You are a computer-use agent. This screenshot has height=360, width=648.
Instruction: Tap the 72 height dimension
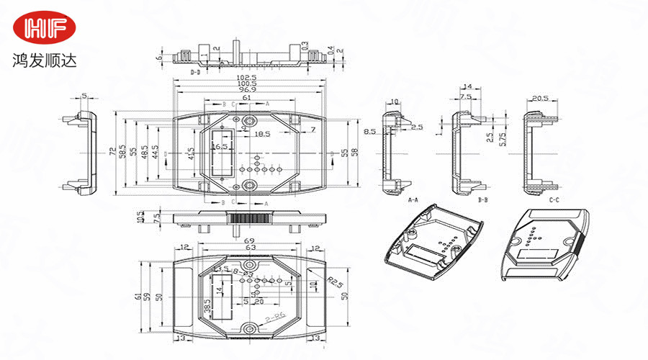(x=112, y=152)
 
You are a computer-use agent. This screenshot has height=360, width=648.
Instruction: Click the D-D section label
(x=195, y=73)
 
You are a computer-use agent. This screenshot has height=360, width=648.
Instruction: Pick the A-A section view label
(x=413, y=199)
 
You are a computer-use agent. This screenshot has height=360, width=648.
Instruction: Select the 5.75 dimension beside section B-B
(x=502, y=138)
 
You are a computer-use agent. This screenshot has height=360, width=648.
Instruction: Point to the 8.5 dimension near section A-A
(x=369, y=132)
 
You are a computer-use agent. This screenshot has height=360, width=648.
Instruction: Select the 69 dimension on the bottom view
(x=250, y=240)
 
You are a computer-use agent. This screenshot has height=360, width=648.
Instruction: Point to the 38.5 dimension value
(x=208, y=307)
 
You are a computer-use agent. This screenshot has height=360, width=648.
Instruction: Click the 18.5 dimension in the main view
(x=262, y=134)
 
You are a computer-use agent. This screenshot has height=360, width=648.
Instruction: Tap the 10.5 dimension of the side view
(x=140, y=217)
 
